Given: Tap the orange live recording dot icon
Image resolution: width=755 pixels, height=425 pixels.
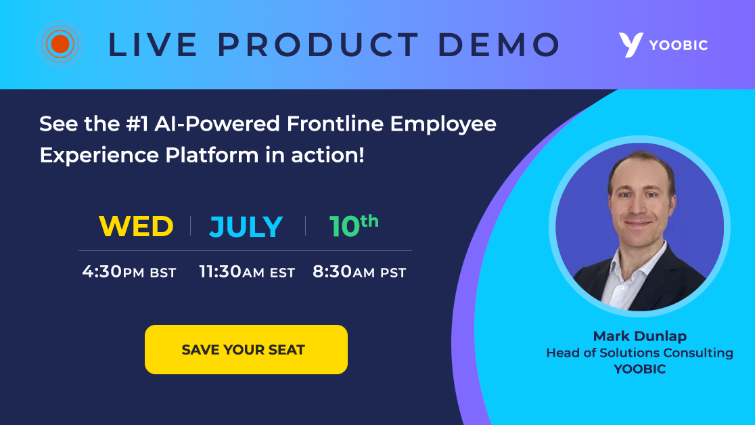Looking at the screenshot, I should click(x=60, y=45).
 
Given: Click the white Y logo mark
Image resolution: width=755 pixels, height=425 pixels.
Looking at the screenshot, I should click(x=630, y=45).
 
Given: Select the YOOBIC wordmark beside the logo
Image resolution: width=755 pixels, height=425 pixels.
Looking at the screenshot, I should click(x=679, y=45).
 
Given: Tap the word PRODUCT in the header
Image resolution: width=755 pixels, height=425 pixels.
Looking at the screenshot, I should click(x=319, y=45).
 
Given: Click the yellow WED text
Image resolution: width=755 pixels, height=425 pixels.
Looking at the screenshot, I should click(x=136, y=227).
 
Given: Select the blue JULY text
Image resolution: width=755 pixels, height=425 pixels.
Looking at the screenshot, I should click(x=246, y=227).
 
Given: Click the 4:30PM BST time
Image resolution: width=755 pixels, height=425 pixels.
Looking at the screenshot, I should click(x=129, y=272).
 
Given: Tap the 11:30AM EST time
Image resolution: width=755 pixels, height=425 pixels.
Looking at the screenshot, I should click(x=247, y=272).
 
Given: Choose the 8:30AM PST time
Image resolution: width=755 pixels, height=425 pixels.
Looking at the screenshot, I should click(x=359, y=272).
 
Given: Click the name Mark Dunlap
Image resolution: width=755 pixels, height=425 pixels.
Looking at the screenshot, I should click(x=639, y=336).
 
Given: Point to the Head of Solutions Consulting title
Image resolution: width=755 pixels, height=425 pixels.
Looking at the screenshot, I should click(x=639, y=353).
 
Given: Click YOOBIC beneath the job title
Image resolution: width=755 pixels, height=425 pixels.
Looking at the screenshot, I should click(x=639, y=369).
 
